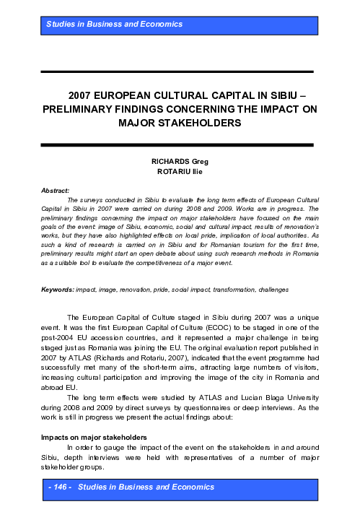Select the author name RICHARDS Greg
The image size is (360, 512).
[180, 162]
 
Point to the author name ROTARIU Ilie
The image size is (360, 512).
[180, 172]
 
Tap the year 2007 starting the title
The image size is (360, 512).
[83, 95]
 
